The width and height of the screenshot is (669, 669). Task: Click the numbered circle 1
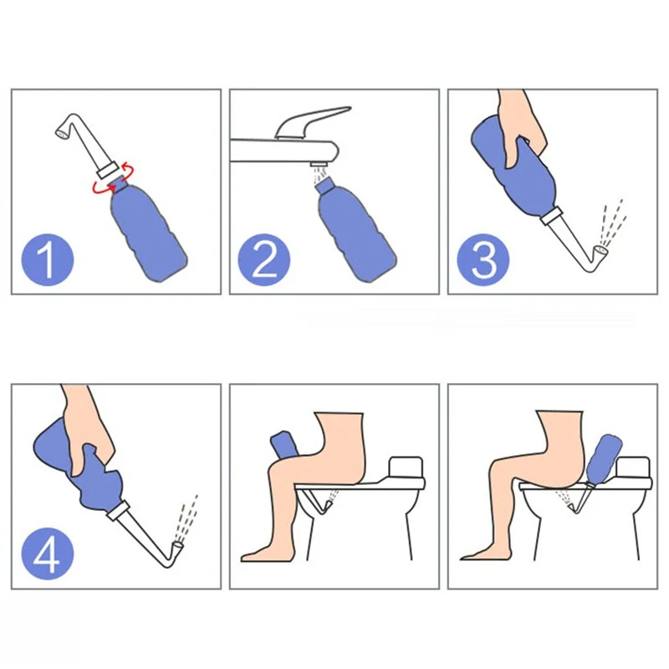tap(48, 259)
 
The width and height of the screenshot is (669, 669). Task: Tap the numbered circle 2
tap(264, 259)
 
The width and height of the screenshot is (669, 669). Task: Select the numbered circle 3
tap(483, 259)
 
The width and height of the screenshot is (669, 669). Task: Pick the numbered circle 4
tap(48, 554)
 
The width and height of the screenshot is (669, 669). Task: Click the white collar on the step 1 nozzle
tap(107, 171)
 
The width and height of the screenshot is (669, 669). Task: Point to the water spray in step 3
tap(612, 222)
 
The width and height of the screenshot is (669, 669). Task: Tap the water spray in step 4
tap(186, 518)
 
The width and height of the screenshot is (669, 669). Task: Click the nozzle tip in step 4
tap(177, 545)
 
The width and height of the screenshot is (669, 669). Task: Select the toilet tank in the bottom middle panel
tap(406, 467)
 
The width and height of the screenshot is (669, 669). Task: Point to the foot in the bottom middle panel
tap(264, 554)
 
